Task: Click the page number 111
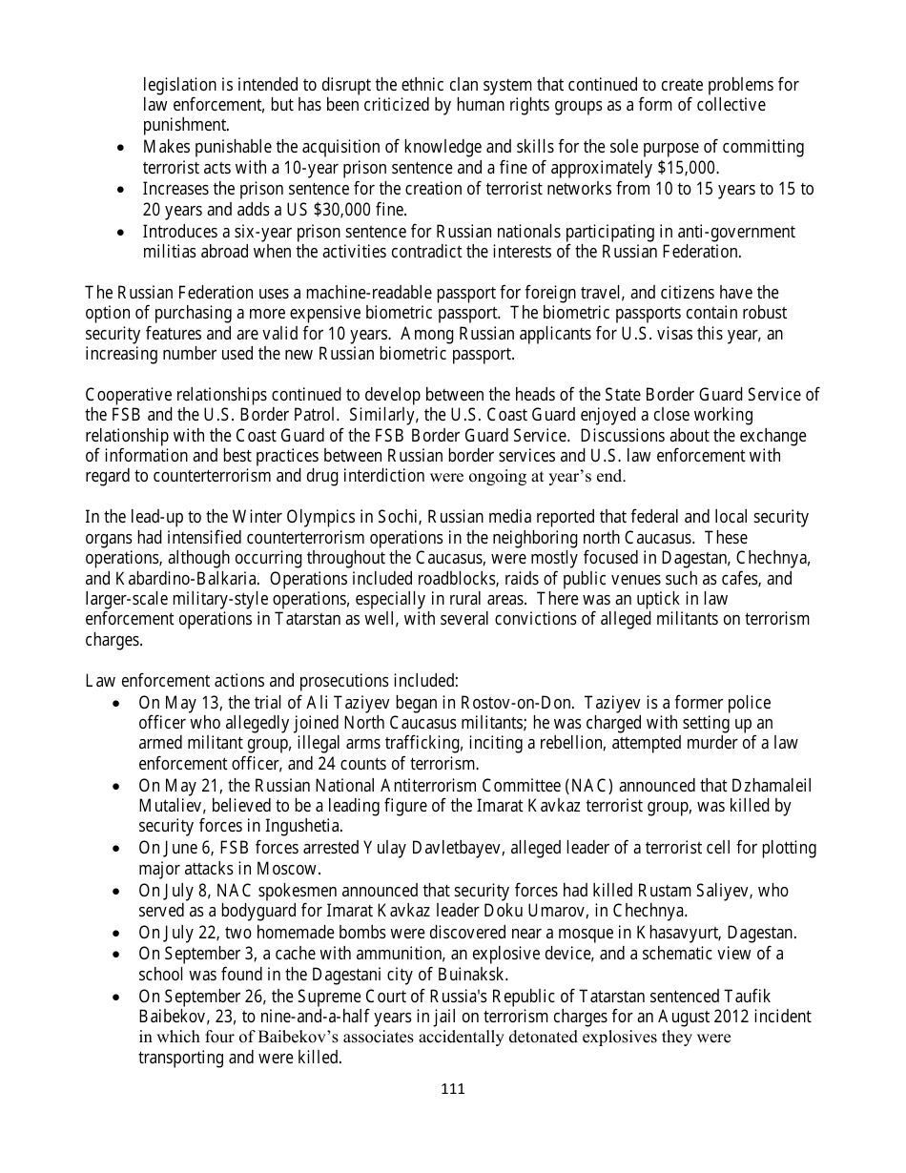(x=453, y=1089)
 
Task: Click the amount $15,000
(x=686, y=168)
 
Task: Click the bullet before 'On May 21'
(x=116, y=786)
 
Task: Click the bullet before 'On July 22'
(x=116, y=933)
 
